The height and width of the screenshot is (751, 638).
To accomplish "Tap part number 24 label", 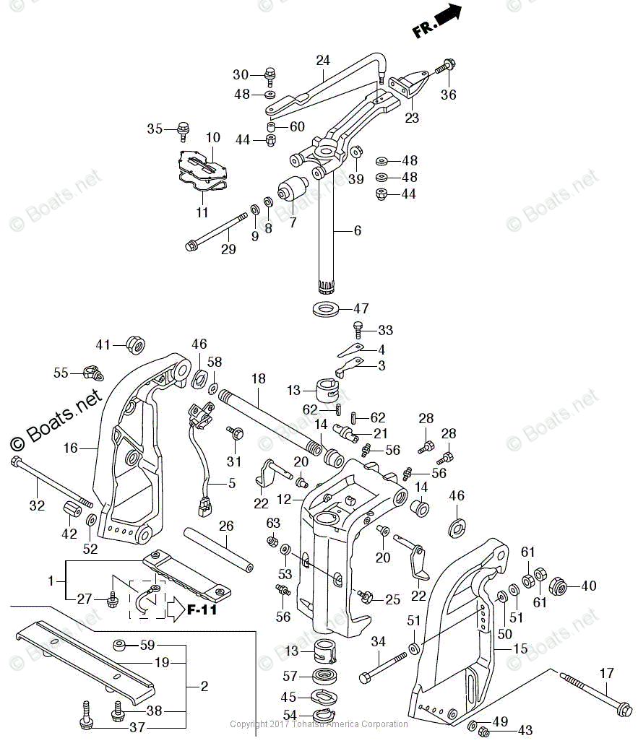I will tap(322, 60).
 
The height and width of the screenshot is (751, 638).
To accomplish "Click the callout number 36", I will tap(449, 95).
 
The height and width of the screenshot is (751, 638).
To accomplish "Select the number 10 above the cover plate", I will tap(212, 137).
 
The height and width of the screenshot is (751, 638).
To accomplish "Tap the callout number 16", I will tap(70, 448).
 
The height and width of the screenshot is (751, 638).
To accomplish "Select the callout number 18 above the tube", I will tap(258, 378).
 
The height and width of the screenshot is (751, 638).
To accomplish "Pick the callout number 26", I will tap(226, 526).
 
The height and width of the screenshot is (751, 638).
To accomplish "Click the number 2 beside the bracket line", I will tap(204, 686).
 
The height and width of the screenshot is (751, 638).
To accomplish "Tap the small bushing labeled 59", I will tap(120, 644).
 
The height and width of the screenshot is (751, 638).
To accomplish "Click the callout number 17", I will tap(606, 673).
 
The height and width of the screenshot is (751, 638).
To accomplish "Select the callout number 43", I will tap(525, 731).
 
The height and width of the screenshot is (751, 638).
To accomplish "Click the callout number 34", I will tap(379, 641).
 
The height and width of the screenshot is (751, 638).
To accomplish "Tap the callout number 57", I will tap(290, 676).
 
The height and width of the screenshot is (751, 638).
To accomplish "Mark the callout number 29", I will tap(228, 250).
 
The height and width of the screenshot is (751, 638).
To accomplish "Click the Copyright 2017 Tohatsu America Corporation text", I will tap(318, 724).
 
